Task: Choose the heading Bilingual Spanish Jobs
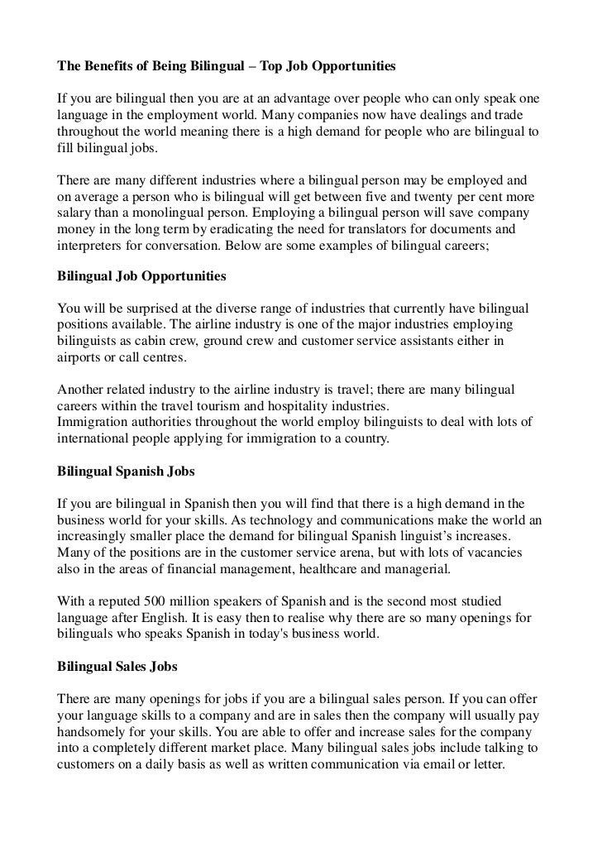pyautogui.click(x=126, y=471)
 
